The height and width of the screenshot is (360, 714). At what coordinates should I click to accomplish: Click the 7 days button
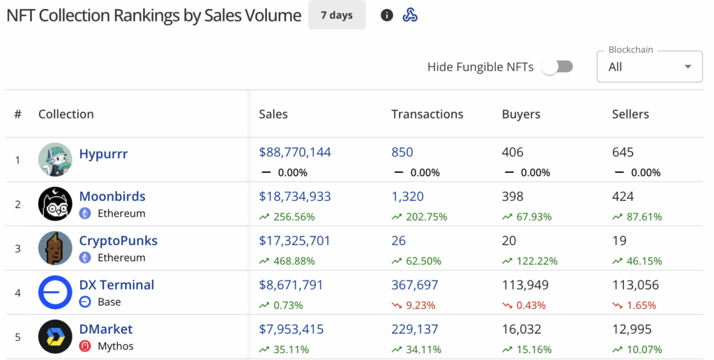[x=337, y=15]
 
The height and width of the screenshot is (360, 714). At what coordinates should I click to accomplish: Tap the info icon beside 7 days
[x=387, y=15]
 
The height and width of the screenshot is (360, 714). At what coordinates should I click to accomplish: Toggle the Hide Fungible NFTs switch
[x=557, y=66]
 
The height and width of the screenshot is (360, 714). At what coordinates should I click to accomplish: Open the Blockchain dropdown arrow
[x=688, y=67]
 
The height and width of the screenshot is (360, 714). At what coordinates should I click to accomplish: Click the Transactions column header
[x=427, y=114]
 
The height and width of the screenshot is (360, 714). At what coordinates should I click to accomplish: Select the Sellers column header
[x=630, y=114]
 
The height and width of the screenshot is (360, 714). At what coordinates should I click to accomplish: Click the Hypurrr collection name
[x=103, y=153]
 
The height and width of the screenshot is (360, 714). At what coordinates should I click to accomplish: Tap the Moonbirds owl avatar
[x=55, y=204]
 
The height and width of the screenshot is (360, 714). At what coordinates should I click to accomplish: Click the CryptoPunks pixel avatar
[x=55, y=248]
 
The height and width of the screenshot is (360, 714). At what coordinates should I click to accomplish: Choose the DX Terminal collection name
[x=116, y=285]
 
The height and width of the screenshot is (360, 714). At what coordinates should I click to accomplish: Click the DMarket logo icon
[x=55, y=336]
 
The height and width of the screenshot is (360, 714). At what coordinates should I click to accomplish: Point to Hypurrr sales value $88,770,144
[x=295, y=152]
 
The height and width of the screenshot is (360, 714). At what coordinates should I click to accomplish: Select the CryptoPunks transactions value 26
[x=400, y=241]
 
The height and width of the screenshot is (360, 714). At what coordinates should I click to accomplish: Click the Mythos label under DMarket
[x=116, y=346]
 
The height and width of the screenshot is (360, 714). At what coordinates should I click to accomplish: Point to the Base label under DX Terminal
[x=109, y=302]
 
